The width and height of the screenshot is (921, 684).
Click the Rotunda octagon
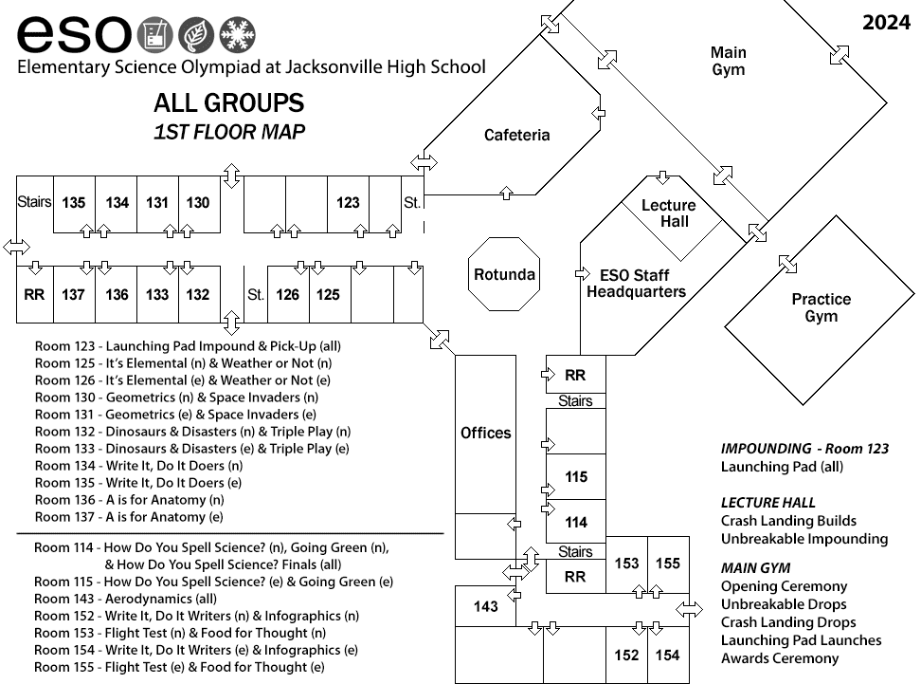pyautogui.click(x=504, y=274)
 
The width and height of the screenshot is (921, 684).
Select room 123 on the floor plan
pyautogui.click(x=349, y=204)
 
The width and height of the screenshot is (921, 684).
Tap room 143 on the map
pyautogui.click(x=486, y=606)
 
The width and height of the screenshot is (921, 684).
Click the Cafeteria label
pyautogui.click(x=517, y=136)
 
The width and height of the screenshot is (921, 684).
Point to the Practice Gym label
pyautogui.click(x=822, y=307)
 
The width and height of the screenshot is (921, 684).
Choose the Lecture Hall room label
pyautogui.click(x=668, y=213)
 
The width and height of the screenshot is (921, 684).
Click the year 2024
pyautogui.click(x=886, y=23)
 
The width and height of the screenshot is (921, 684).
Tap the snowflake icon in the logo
pyautogui.click(x=237, y=34)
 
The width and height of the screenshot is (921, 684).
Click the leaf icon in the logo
pyautogui.click(x=195, y=34)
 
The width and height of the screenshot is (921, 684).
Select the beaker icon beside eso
pyautogui.click(x=155, y=34)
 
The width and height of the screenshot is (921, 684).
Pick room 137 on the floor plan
pyautogui.click(x=74, y=295)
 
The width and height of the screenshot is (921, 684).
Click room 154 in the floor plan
pyautogui.click(x=668, y=655)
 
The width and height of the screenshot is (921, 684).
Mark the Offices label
pyautogui.click(x=486, y=433)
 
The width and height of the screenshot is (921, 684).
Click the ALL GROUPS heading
pyautogui.click(x=229, y=102)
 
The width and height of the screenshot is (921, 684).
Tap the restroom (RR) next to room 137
pyautogui.click(x=35, y=295)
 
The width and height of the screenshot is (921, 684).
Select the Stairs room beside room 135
pyautogui.click(x=35, y=204)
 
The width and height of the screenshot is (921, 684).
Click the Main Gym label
pyautogui.click(x=729, y=61)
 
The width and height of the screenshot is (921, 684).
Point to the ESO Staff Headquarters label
pyautogui.click(x=636, y=284)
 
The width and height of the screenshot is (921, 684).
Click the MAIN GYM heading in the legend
pyautogui.click(x=755, y=568)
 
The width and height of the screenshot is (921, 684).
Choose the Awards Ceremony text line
pyautogui.click(x=780, y=658)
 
